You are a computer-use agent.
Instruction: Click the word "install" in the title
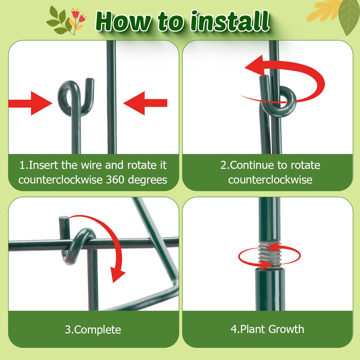pyautogui.click(x=230, y=21)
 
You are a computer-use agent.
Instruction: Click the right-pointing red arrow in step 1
pyautogui.click(x=30, y=103)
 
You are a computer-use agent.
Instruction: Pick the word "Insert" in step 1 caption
pyautogui.click(x=43, y=165)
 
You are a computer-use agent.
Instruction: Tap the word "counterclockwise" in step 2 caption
pyautogui.click(x=270, y=180)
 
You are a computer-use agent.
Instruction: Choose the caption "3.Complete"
pyautogui.click(x=93, y=330)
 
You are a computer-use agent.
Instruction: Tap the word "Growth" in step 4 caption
pyautogui.click(x=286, y=329)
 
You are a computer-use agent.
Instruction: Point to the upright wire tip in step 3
pyautogui.click(x=64, y=218)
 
